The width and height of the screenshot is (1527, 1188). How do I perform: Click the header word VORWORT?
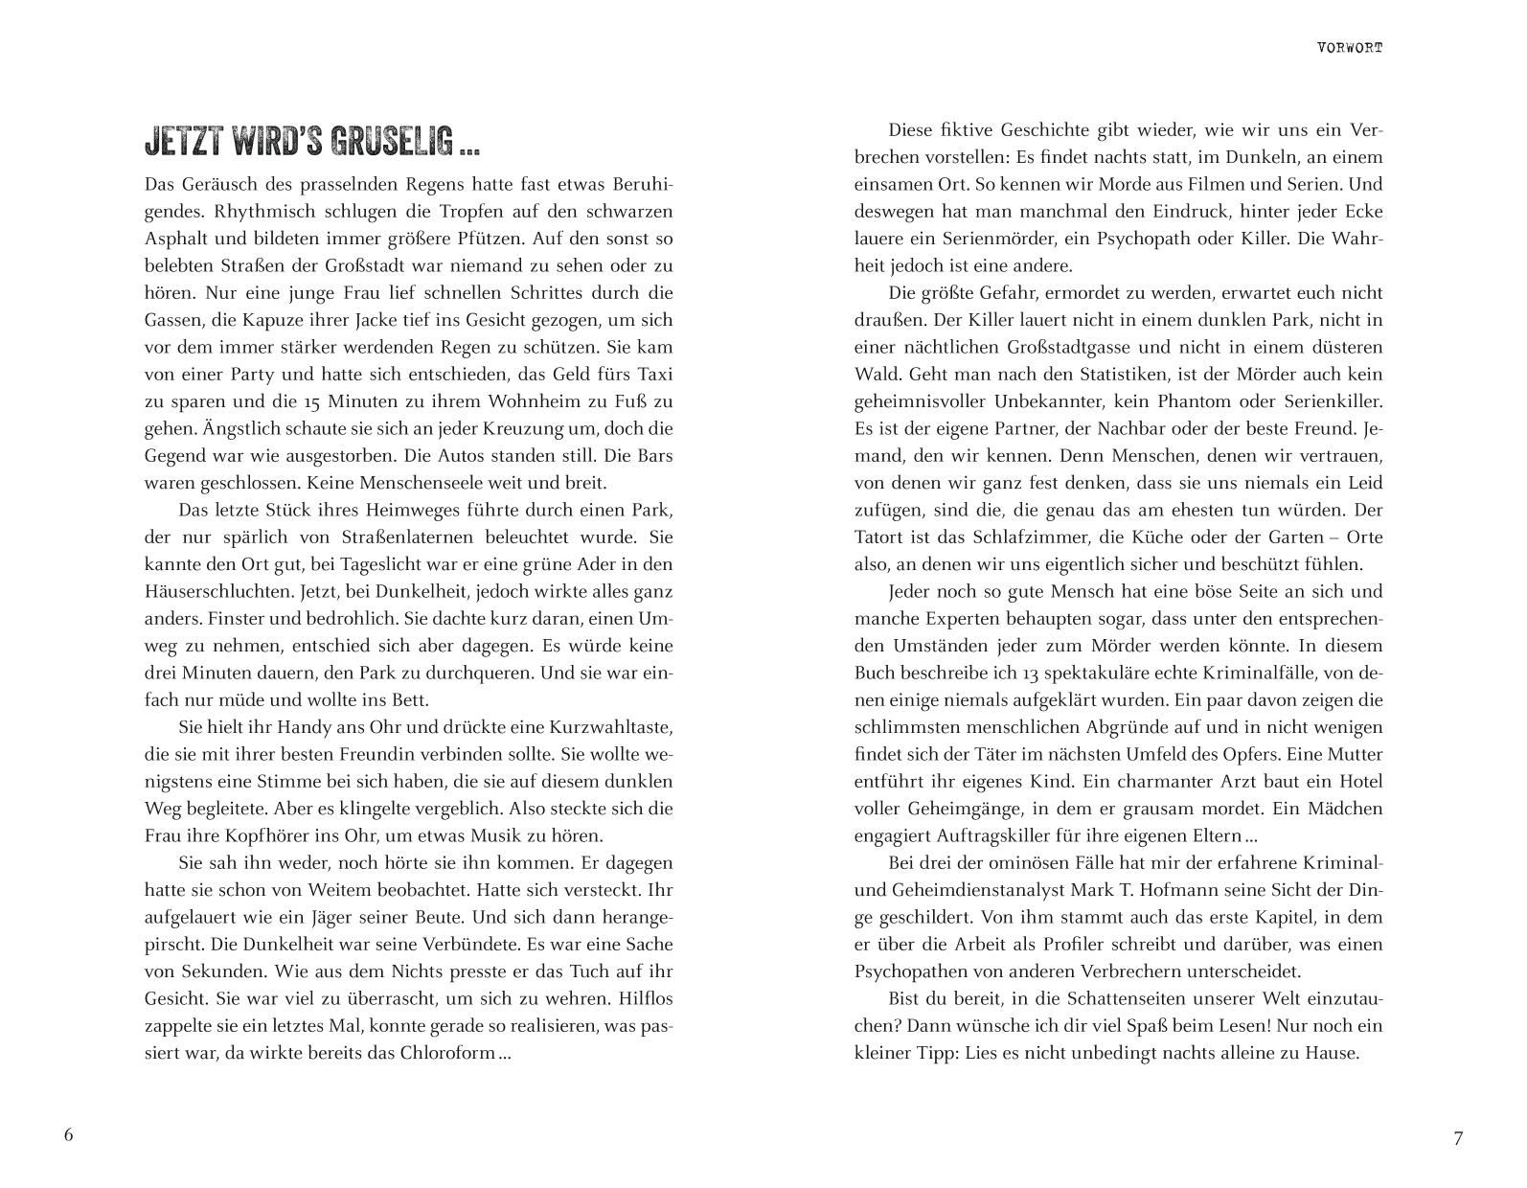coord(1350,47)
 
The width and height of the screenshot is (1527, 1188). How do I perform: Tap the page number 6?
coord(68,1135)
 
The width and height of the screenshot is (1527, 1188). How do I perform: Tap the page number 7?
coord(1458,1138)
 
